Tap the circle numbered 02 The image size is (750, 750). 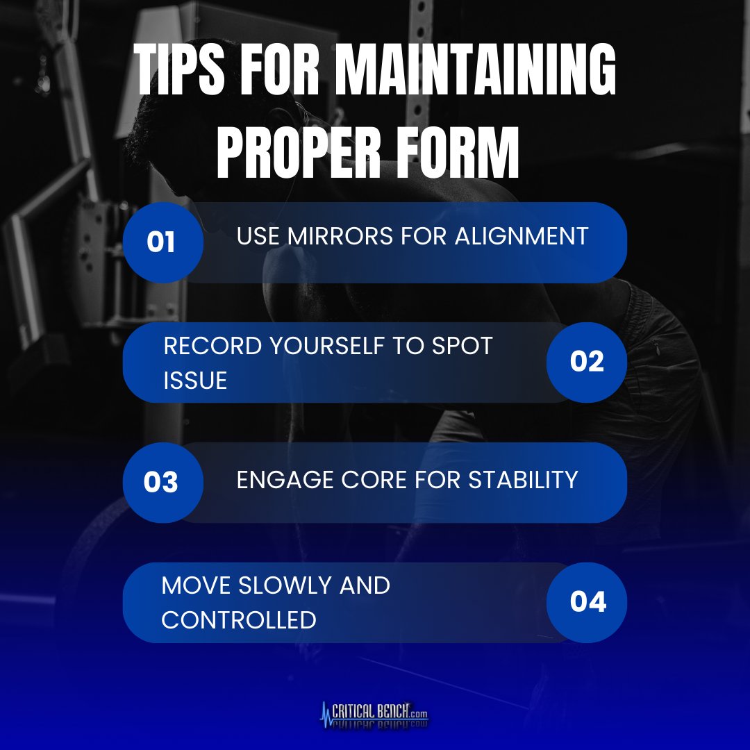[587, 362]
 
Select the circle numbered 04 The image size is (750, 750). [587, 602]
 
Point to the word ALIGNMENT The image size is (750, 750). [522, 236]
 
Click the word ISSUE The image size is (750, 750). [195, 380]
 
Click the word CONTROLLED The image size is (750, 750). [239, 619]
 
